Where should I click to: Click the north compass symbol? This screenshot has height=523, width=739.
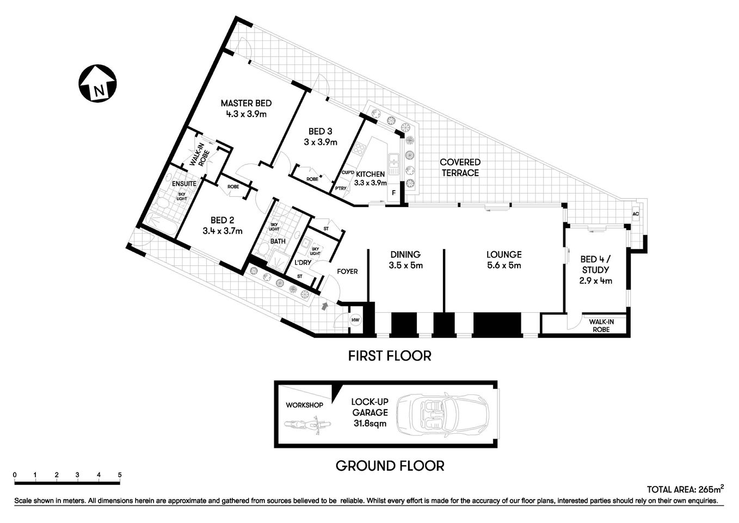pyautogui.click(x=98, y=83)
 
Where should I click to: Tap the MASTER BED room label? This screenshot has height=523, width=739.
pyautogui.click(x=246, y=103)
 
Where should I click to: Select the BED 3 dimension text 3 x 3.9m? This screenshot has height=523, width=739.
pyautogui.click(x=321, y=142)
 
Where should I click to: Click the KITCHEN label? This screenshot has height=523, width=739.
pyautogui.click(x=370, y=174)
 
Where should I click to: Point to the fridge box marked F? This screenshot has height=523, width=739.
pyautogui.click(x=393, y=193)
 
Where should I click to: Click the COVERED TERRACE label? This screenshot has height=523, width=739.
pyautogui.click(x=460, y=167)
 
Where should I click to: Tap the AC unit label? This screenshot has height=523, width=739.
pyautogui.click(x=636, y=214)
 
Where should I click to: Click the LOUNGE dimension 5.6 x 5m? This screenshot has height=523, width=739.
pyautogui.click(x=504, y=266)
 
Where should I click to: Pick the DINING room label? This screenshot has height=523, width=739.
pyautogui.click(x=405, y=254)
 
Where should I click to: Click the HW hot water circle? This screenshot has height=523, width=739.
pyautogui.click(x=355, y=320)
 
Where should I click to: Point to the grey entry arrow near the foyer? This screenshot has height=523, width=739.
pyautogui.click(x=325, y=306)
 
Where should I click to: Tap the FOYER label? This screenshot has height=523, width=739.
pyautogui.click(x=347, y=271)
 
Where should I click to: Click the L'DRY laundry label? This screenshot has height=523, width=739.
pyautogui.click(x=303, y=263)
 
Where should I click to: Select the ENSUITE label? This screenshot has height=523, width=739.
pyautogui.click(x=184, y=184)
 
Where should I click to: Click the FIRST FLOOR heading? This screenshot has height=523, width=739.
pyautogui.click(x=390, y=356)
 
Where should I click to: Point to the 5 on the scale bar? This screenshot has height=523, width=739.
pyautogui.click(x=119, y=475)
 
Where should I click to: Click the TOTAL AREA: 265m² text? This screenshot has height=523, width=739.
pyautogui.click(x=685, y=489)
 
